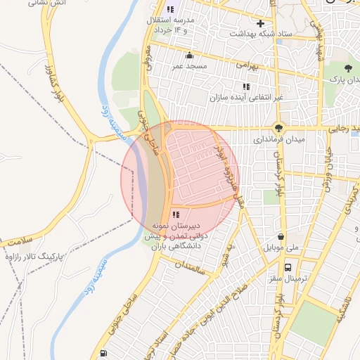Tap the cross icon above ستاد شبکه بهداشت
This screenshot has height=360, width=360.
260,23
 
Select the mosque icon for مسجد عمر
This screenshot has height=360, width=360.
188,56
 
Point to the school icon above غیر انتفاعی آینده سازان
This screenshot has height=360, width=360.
245,86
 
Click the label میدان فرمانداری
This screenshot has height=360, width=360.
280,140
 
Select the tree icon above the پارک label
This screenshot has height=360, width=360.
348,68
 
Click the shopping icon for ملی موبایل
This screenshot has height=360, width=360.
281,237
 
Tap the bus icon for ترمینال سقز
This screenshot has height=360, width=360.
288,267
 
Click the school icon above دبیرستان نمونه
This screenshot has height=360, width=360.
174,214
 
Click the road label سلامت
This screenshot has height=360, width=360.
17,240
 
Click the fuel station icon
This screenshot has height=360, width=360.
104,353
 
